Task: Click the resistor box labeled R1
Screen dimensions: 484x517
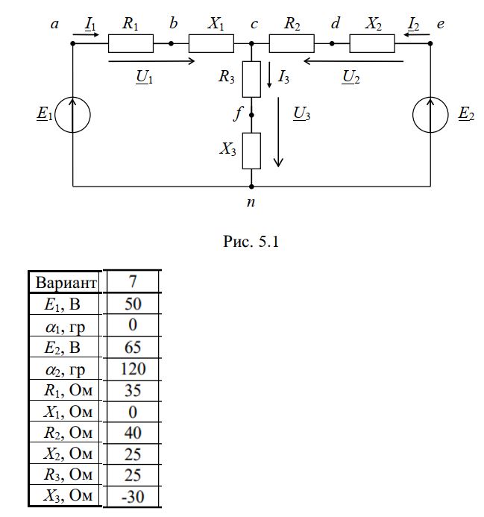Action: pos(131,43)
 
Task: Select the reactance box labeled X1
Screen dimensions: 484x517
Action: pos(211,43)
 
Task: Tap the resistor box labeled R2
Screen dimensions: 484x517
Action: pos(292,43)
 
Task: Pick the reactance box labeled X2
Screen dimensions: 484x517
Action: pos(372,43)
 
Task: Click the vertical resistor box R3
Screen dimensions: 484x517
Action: pos(251,79)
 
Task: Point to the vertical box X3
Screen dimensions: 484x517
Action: pos(251,151)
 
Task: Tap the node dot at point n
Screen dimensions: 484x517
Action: pos(251,187)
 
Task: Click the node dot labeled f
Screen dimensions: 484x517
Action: pos(251,115)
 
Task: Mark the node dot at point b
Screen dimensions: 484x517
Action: pos(171,43)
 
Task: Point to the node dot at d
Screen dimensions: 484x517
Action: pos(332,43)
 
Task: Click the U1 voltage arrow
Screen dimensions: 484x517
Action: pos(151,61)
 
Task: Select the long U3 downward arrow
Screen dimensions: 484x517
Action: pos(279,132)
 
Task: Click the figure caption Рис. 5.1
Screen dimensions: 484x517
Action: pos(251,242)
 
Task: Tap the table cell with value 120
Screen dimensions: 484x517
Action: pos(133,369)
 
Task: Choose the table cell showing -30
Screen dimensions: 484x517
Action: pos(133,497)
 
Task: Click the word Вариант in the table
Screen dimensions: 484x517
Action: pos(66,283)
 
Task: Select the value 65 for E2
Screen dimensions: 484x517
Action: pos(133,347)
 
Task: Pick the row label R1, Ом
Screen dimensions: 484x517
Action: pos(69,390)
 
